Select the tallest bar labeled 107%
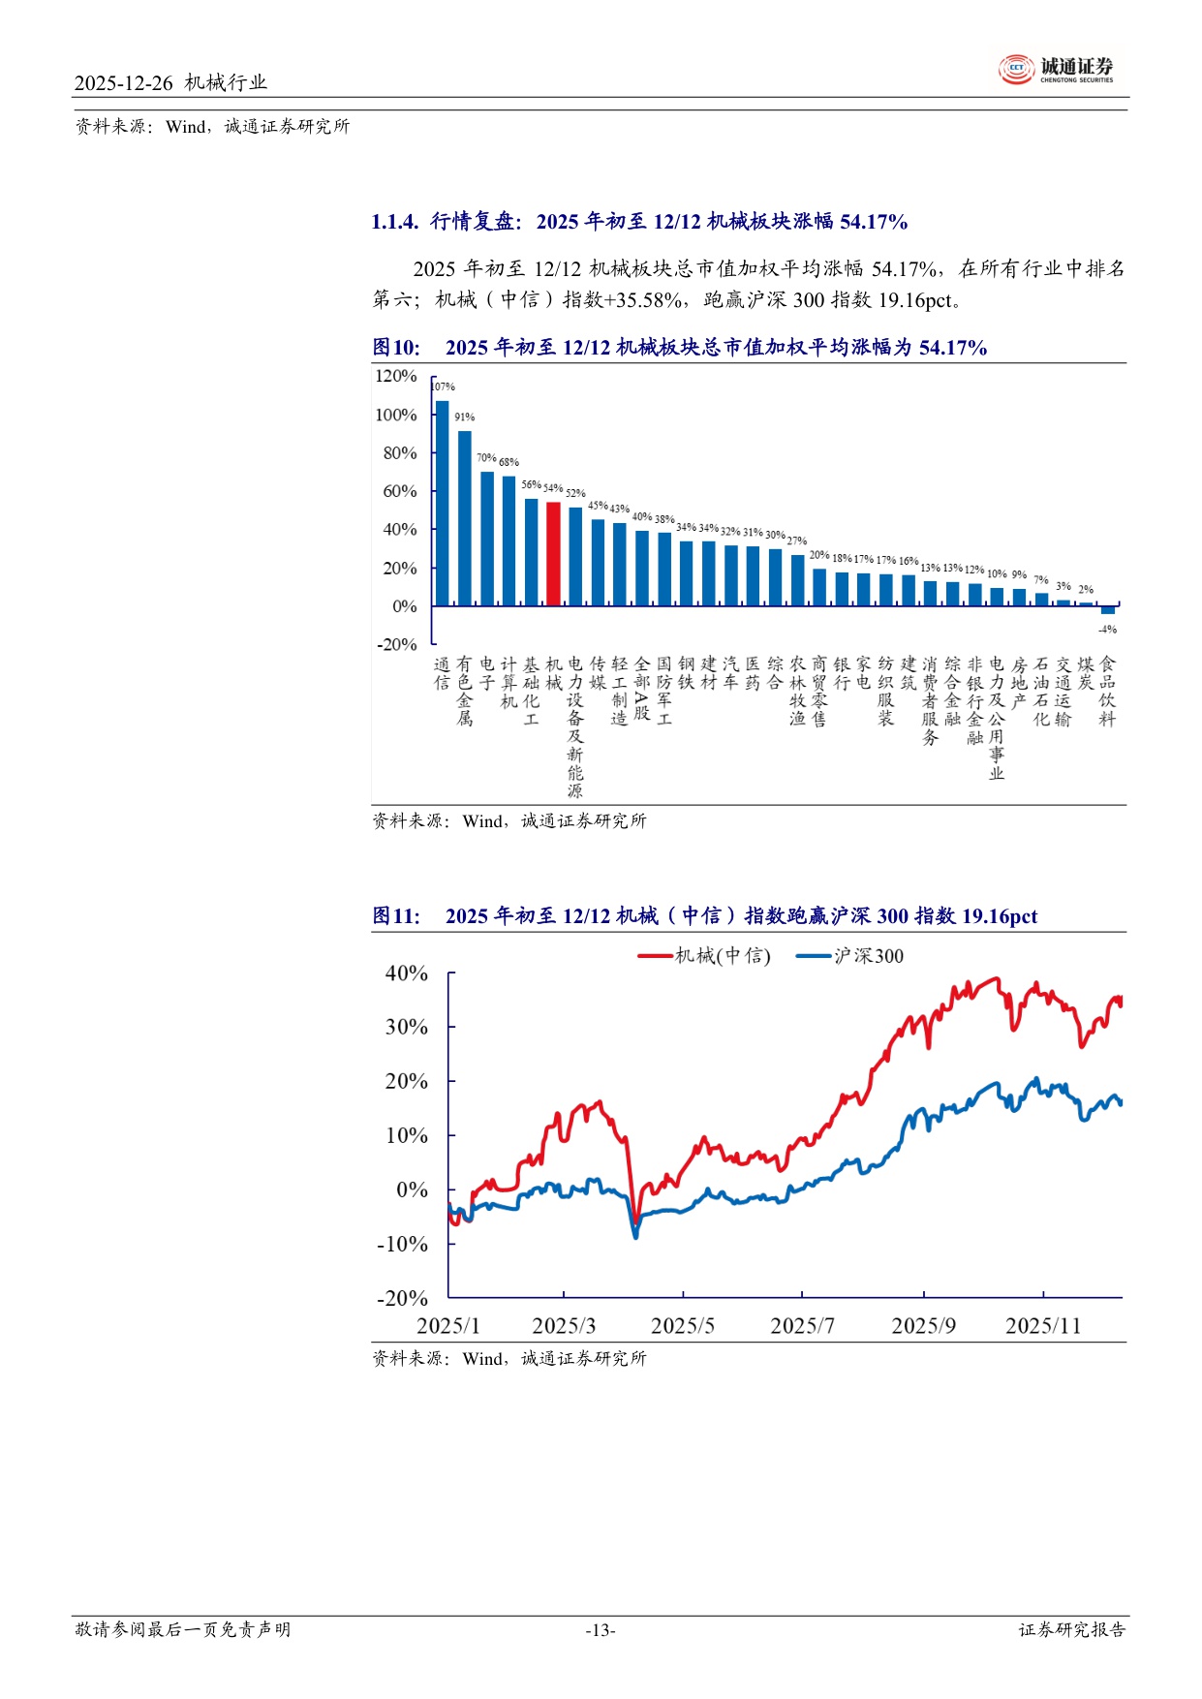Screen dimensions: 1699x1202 (x=442, y=504)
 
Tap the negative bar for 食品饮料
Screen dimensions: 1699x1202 (x=1107, y=610)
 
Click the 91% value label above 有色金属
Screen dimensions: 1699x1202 (x=465, y=417)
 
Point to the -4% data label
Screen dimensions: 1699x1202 (x=1108, y=630)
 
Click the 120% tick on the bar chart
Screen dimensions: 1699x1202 (x=395, y=376)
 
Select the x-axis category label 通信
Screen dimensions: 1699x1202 (x=442, y=673)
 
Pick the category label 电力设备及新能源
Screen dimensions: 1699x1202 (x=575, y=726)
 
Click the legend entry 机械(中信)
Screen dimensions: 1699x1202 (x=705, y=956)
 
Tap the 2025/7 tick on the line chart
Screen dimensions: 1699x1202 (x=802, y=1326)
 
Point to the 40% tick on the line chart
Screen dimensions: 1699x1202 (x=407, y=973)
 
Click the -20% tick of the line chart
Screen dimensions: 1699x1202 (x=402, y=1298)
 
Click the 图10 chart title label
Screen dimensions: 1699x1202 (x=396, y=348)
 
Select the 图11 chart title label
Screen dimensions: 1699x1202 (x=396, y=916)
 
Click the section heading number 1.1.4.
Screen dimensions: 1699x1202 (x=394, y=222)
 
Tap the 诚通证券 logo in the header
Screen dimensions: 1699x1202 (x=1057, y=69)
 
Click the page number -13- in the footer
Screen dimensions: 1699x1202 (x=601, y=1630)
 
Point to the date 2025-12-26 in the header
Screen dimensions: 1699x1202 (x=123, y=83)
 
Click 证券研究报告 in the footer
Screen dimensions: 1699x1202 (x=1071, y=1630)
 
